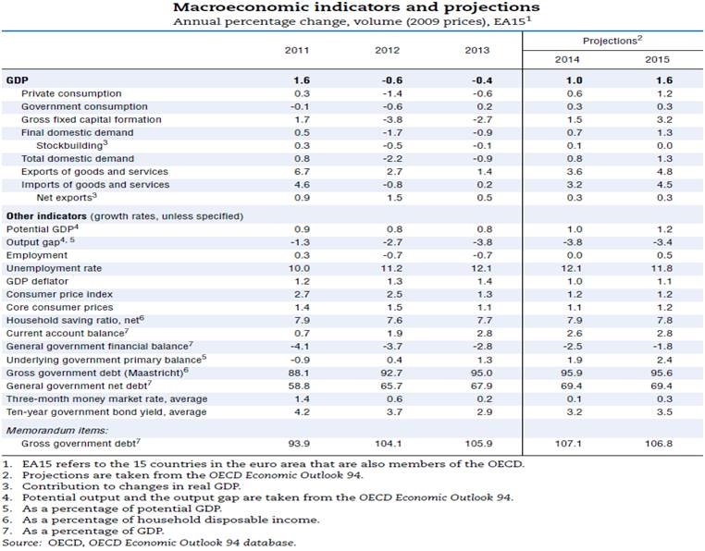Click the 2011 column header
(302, 49)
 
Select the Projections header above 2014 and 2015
(612, 41)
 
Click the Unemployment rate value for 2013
(476, 267)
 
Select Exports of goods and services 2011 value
(302, 172)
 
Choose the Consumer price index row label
(59, 294)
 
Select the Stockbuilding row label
(72, 146)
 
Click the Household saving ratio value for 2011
(302, 320)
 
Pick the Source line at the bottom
(151, 543)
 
